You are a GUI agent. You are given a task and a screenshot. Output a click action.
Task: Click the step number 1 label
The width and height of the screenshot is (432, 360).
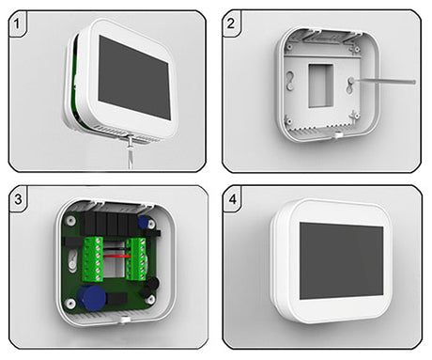pos(17,24)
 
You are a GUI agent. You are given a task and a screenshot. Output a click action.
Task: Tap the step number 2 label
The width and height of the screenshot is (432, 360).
pos(231,23)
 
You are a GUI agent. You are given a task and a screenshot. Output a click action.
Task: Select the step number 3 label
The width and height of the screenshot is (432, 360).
pos(18,199)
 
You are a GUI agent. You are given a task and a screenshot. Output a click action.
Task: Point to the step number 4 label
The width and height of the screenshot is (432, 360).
pos(232,199)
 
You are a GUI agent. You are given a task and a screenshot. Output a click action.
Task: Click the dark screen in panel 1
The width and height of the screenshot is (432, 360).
pos(134,77)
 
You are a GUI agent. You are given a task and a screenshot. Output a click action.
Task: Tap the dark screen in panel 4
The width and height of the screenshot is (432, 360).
pos(342,261)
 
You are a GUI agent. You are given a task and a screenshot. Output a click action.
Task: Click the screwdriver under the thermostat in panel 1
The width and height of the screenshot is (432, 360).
pos(131,151)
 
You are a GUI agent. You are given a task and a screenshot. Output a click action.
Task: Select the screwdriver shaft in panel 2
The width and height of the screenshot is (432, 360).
pos(384,82)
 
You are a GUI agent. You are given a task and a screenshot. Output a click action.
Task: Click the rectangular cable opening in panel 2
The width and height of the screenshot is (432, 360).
pos(320,86)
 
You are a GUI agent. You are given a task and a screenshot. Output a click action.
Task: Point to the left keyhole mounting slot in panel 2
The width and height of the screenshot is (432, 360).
pos(291,80)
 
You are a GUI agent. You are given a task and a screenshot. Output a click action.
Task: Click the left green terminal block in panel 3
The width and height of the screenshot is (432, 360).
pos(93,259)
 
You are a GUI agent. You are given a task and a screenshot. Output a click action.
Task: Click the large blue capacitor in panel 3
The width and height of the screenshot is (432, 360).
pos(91,298)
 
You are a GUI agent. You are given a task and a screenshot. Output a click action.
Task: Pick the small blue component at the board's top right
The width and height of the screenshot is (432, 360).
pos(144,222)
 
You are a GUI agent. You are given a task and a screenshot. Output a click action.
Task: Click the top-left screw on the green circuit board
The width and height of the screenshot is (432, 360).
pos(69,220)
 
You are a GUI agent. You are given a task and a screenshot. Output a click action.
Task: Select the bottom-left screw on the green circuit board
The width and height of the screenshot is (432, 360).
pos(69,303)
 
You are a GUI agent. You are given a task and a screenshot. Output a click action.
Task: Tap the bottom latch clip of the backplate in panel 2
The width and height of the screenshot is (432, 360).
pos(337,135)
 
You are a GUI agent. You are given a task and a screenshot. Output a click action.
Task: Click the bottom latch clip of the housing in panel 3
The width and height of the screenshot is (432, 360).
pos(125,320)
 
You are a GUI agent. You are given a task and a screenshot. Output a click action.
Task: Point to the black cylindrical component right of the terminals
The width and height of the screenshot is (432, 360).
pos(153,284)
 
